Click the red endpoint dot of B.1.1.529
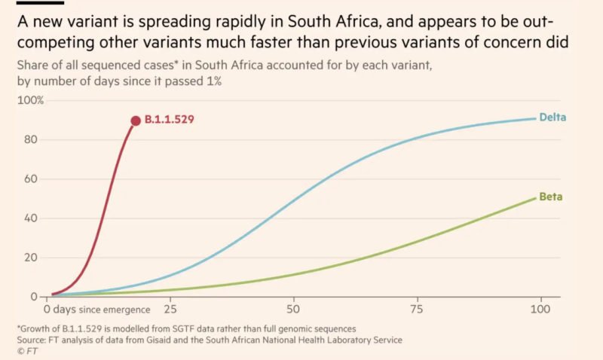point(136,121)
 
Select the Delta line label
point(552,117)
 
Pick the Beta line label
point(550,197)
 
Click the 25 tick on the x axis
point(170,309)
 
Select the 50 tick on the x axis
point(293,309)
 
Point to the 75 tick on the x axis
point(416,309)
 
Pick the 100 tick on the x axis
point(539,309)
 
